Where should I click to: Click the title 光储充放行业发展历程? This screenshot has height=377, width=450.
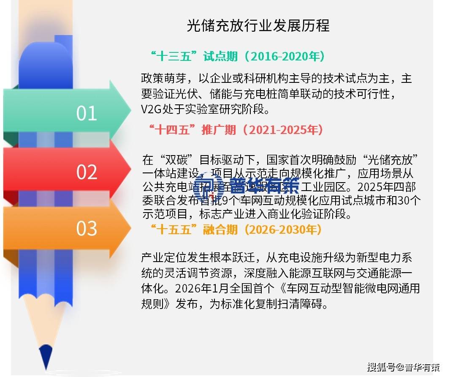point(258,26)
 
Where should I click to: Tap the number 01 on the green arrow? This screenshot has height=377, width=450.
point(87,113)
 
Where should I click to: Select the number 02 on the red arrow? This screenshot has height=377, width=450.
point(87,172)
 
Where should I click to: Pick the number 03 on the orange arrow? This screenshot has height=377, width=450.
point(87,228)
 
